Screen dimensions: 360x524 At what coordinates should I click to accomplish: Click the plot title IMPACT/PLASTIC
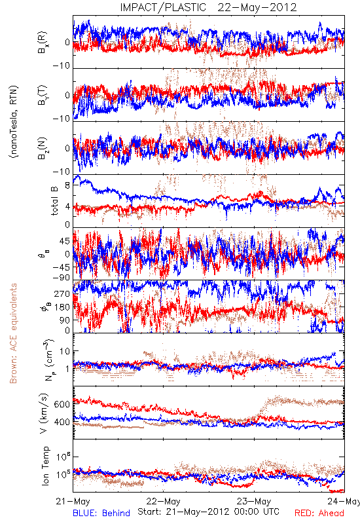click(163, 7)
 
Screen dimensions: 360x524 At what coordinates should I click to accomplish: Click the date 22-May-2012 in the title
click(257, 7)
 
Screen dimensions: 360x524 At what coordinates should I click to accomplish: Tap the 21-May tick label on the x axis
click(73, 501)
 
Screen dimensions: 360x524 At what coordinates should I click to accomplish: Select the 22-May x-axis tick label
click(163, 501)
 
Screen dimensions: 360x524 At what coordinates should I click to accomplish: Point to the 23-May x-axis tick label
click(254, 501)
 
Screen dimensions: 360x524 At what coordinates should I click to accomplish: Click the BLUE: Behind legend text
click(101, 513)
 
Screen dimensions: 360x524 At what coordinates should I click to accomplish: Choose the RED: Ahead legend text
click(319, 513)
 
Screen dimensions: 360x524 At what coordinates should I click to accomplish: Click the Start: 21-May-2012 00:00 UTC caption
click(208, 512)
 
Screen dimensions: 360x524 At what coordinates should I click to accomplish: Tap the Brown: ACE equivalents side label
click(13, 333)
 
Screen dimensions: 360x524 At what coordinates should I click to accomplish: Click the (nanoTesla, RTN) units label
click(14, 122)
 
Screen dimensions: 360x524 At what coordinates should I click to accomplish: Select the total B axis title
click(54, 200)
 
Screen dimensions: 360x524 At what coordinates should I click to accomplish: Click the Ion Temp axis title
click(45, 466)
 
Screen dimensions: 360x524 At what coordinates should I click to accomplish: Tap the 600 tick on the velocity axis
click(62, 404)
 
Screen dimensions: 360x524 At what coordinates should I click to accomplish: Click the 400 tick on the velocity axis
click(62, 422)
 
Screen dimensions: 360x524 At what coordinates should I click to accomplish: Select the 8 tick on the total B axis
click(67, 185)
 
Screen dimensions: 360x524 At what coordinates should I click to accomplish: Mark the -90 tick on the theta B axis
click(62, 277)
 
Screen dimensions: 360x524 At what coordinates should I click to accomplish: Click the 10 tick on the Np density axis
click(65, 352)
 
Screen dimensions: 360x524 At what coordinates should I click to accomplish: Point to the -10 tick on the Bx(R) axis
click(62, 65)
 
